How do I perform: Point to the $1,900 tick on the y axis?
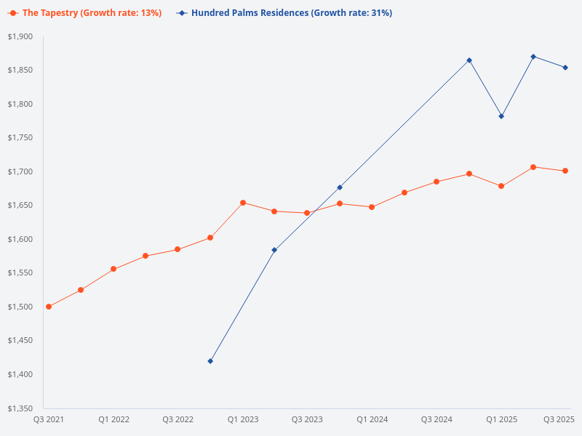pyautogui.click(x=20, y=37)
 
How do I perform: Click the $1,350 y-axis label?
pyautogui.click(x=20, y=408)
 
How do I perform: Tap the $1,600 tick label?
pyautogui.click(x=20, y=239)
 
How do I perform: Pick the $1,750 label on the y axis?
pyautogui.click(x=20, y=138)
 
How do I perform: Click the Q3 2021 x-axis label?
pyautogui.click(x=49, y=420)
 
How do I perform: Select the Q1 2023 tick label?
pyautogui.click(x=243, y=420)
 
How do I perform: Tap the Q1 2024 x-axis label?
pyautogui.click(x=372, y=420)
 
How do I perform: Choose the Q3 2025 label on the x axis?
pyautogui.click(x=559, y=420)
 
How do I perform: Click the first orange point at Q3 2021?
pyautogui.click(x=49, y=307)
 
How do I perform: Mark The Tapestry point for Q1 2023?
pyautogui.click(x=243, y=203)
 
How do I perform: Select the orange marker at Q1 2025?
pyautogui.click(x=501, y=186)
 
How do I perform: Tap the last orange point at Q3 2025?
pyautogui.click(x=565, y=171)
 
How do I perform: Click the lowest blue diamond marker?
pyautogui.click(x=210, y=361)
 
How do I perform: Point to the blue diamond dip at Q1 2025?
pyautogui.click(x=501, y=116)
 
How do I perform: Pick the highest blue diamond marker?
pyautogui.click(x=533, y=57)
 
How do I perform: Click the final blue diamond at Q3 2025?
pyautogui.click(x=565, y=68)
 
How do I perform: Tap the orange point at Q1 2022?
pyautogui.click(x=113, y=269)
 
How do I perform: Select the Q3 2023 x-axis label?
pyautogui.click(x=307, y=420)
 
